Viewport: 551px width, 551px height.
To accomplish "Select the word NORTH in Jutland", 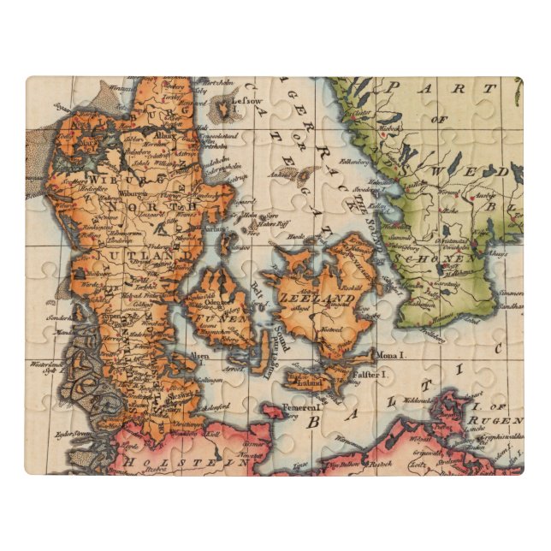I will click(x=156, y=207).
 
